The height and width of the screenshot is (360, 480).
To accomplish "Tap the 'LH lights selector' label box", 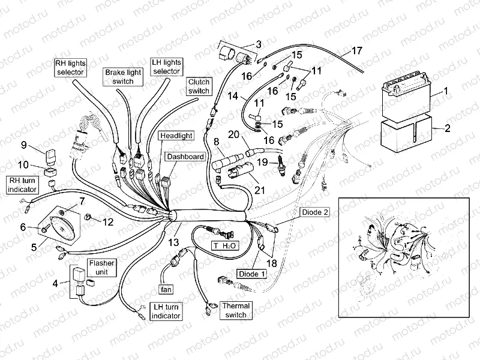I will click(x=166, y=67).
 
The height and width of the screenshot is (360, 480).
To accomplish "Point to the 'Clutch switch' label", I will click(x=199, y=86).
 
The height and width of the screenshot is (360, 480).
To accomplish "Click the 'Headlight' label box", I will click(x=176, y=136).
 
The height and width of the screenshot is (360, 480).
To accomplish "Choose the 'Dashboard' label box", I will click(x=185, y=156).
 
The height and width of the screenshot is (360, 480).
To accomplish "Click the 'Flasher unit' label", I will click(x=101, y=268).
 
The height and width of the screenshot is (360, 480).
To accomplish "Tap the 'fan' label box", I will click(x=166, y=289).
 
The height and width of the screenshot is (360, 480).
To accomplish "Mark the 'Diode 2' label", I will click(x=314, y=212).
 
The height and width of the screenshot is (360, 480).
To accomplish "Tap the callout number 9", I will click(x=24, y=145).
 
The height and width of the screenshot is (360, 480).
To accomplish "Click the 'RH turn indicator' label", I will click(x=22, y=184).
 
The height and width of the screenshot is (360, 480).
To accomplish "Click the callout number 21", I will click(x=259, y=190).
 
